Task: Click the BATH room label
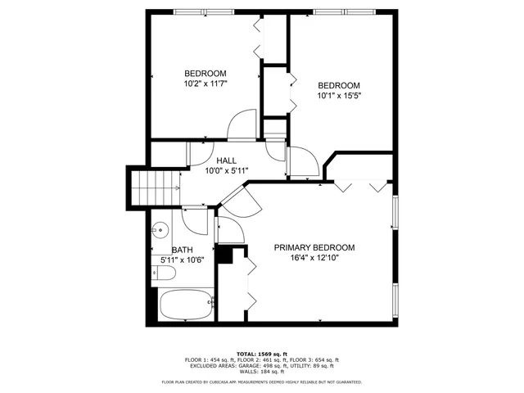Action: tap(183, 249)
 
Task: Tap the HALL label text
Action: tap(227, 160)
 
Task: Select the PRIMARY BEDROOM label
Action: tap(314, 247)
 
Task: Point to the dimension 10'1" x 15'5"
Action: tap(339, 96)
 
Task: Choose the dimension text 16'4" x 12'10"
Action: tap(314, 258)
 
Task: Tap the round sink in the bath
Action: tap(161, 229)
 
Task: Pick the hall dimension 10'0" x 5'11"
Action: tap(227, 170)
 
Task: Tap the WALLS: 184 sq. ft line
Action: tap(262, 372)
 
